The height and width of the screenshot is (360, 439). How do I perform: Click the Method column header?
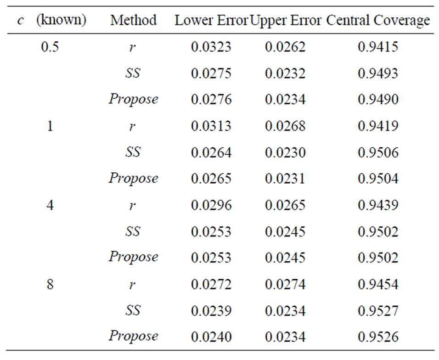133,20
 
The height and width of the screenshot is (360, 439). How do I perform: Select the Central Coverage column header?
378,20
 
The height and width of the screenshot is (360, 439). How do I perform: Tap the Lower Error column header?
211,20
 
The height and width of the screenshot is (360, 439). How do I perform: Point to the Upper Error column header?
286,20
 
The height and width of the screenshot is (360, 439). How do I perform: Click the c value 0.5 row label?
50,47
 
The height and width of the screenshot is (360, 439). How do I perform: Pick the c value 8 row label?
50,284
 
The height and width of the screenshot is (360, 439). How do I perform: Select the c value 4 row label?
50,205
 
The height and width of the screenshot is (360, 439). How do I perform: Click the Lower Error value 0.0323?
211,47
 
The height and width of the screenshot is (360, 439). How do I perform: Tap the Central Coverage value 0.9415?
378,47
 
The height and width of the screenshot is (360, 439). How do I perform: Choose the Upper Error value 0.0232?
285,73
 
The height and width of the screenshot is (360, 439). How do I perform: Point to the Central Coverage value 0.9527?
378,311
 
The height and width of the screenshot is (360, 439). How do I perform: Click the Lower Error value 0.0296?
211,205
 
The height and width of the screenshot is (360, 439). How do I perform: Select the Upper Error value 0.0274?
285,284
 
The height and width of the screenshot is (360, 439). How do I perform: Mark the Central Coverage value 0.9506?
378,152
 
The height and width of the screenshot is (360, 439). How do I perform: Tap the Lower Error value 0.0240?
211,337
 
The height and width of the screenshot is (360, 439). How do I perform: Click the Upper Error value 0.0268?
285,126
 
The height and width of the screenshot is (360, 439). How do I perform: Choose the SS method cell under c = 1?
133,152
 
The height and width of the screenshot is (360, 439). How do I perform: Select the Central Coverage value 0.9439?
378,205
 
